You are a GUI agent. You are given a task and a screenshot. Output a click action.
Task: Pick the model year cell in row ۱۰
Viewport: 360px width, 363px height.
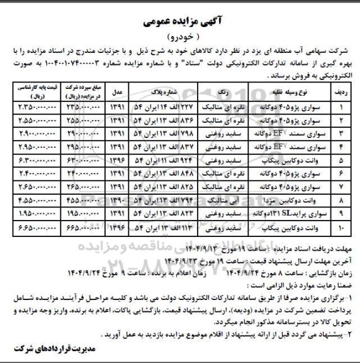click(x=116, y=226)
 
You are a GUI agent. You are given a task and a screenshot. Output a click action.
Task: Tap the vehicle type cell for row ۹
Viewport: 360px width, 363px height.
click(x=282, y=214)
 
